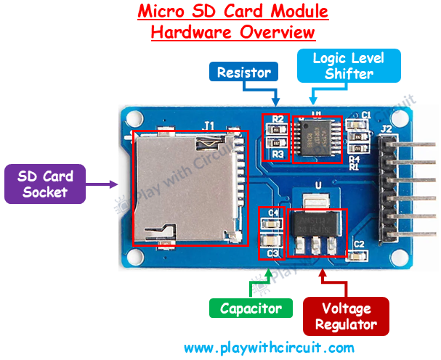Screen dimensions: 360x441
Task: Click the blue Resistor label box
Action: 244,72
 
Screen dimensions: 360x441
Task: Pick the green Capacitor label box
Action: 251,308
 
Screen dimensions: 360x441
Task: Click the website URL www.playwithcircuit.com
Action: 269,347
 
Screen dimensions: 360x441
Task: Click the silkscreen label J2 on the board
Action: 386,131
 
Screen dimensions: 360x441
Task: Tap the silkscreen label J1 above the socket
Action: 209,126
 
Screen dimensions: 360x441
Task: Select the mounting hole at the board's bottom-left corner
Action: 134,255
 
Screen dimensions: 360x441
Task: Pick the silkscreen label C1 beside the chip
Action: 367,115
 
